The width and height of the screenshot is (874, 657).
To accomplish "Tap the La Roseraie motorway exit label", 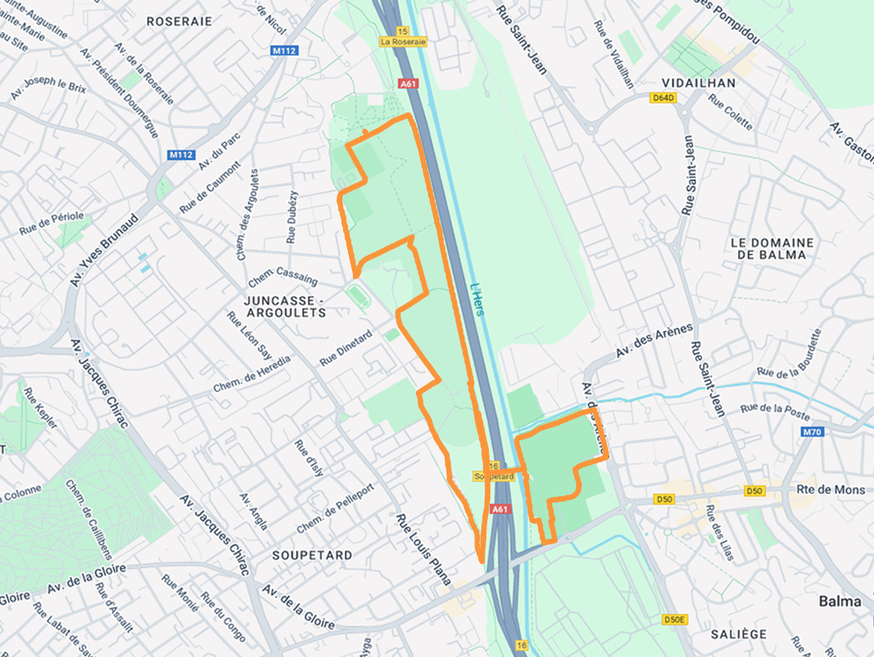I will pos(403,42).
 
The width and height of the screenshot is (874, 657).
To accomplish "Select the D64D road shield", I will pos(663,99).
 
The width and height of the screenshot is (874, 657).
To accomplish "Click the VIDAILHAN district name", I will pos(698,83).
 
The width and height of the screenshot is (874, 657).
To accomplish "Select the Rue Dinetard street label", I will pos(346,349).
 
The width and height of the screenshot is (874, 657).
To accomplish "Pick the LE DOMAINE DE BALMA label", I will pos(771,248).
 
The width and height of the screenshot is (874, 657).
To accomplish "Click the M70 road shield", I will pos(812,432).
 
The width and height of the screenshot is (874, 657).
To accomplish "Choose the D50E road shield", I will pos(674,620).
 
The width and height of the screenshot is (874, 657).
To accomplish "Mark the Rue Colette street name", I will pos(730,112).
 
